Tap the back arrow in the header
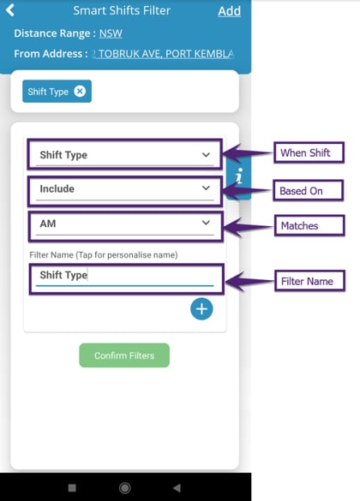coord(10,10)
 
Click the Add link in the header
coord(229,11)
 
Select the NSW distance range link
coord(111,33)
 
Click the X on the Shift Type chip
coord(80,92)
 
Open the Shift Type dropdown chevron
coord(206,155)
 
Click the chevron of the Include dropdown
coord(206,188)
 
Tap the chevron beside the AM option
coord(206,223)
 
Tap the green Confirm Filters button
coord(124,355)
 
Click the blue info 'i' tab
coord(238,176)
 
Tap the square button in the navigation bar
coord(72,487)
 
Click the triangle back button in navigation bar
coord(177,487)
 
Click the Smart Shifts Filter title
coord(122,10)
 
